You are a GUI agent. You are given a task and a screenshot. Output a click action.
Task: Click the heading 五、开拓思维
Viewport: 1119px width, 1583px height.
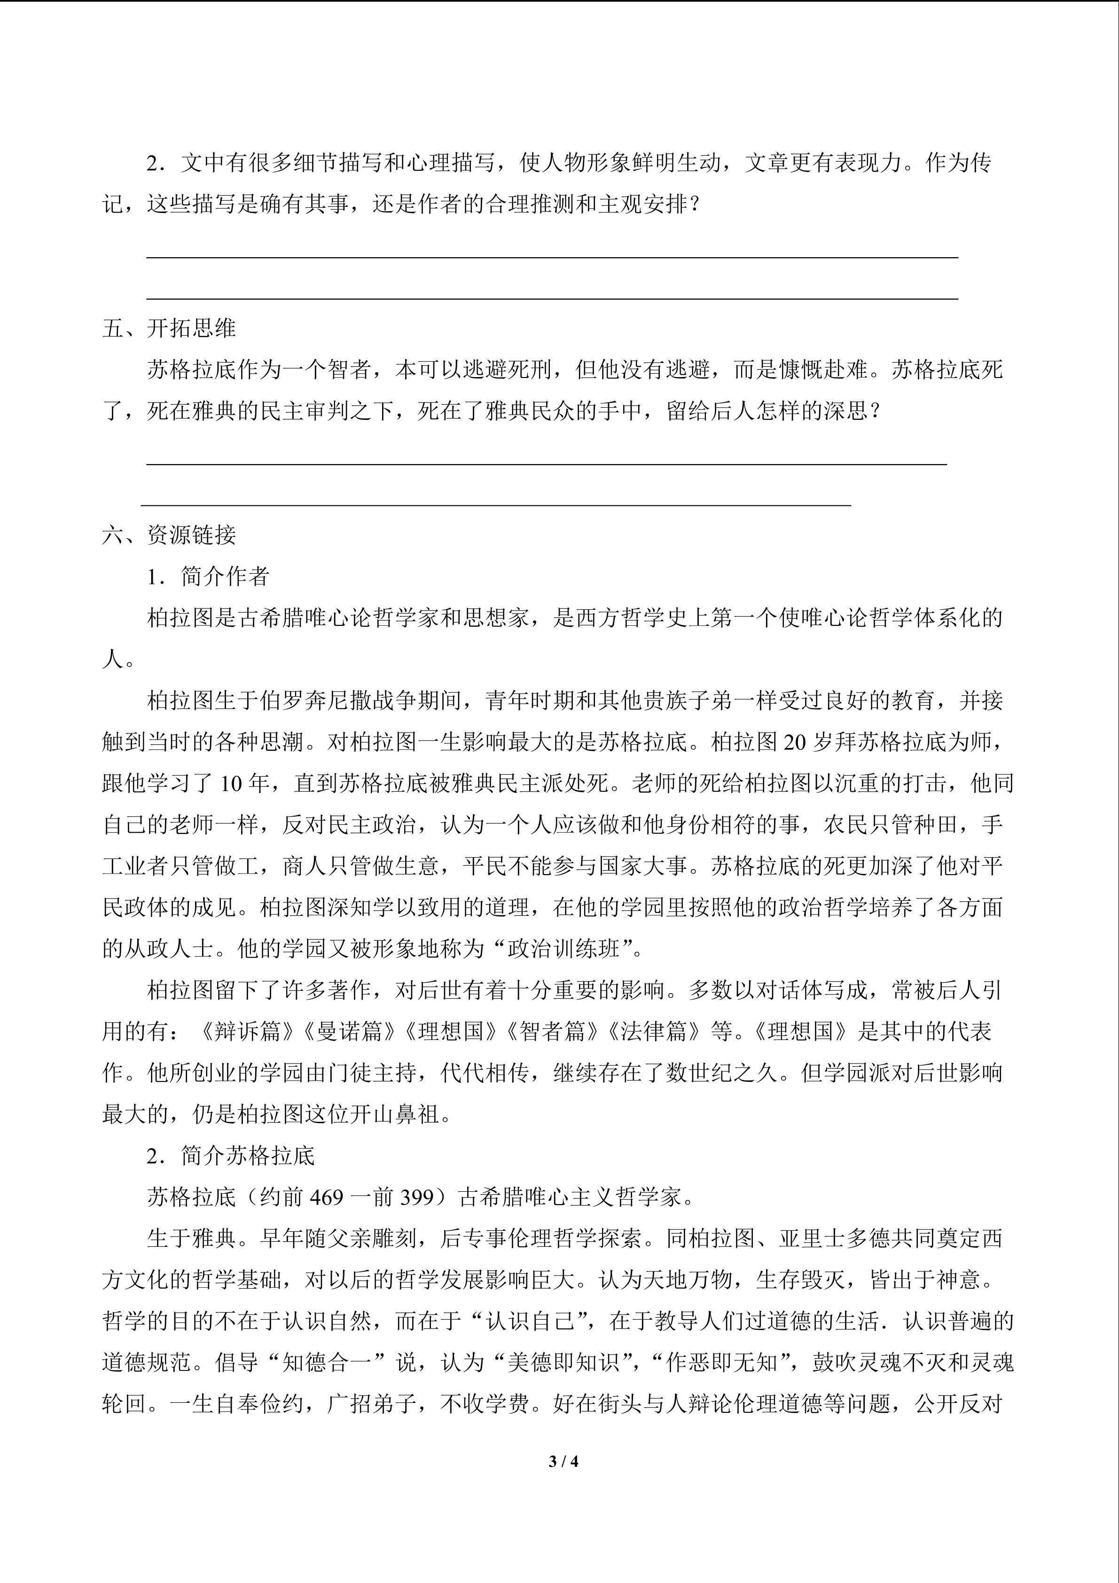click(169, 328)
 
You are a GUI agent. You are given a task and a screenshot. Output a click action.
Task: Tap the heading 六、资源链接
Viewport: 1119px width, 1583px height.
click(169, 535)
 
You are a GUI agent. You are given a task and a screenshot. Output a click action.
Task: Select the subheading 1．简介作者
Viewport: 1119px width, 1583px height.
click(208, 576)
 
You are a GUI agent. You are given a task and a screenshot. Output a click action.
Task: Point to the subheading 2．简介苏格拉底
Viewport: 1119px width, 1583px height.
click(230, 1156)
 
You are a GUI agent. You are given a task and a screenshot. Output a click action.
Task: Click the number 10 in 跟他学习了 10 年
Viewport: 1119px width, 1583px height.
click(234, 784)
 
